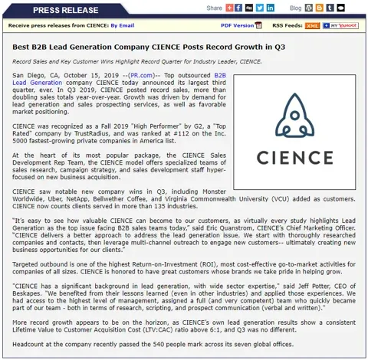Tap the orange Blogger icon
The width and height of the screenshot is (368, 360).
[320, 8]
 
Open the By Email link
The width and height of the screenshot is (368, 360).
[122, 25]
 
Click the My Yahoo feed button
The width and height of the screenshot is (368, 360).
[340, 25]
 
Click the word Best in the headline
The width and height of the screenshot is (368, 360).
[21, 47]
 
